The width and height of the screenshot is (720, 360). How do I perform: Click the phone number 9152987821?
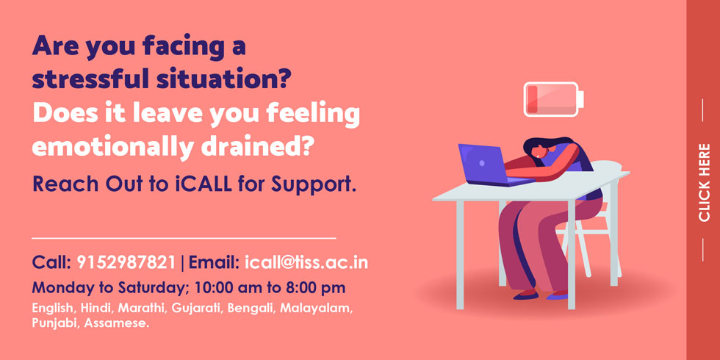[126, 262]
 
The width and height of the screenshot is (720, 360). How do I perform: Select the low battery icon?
[554, 99]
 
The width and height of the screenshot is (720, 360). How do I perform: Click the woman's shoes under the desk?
[540, 295]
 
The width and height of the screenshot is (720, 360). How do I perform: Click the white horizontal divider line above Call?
[184, 238]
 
